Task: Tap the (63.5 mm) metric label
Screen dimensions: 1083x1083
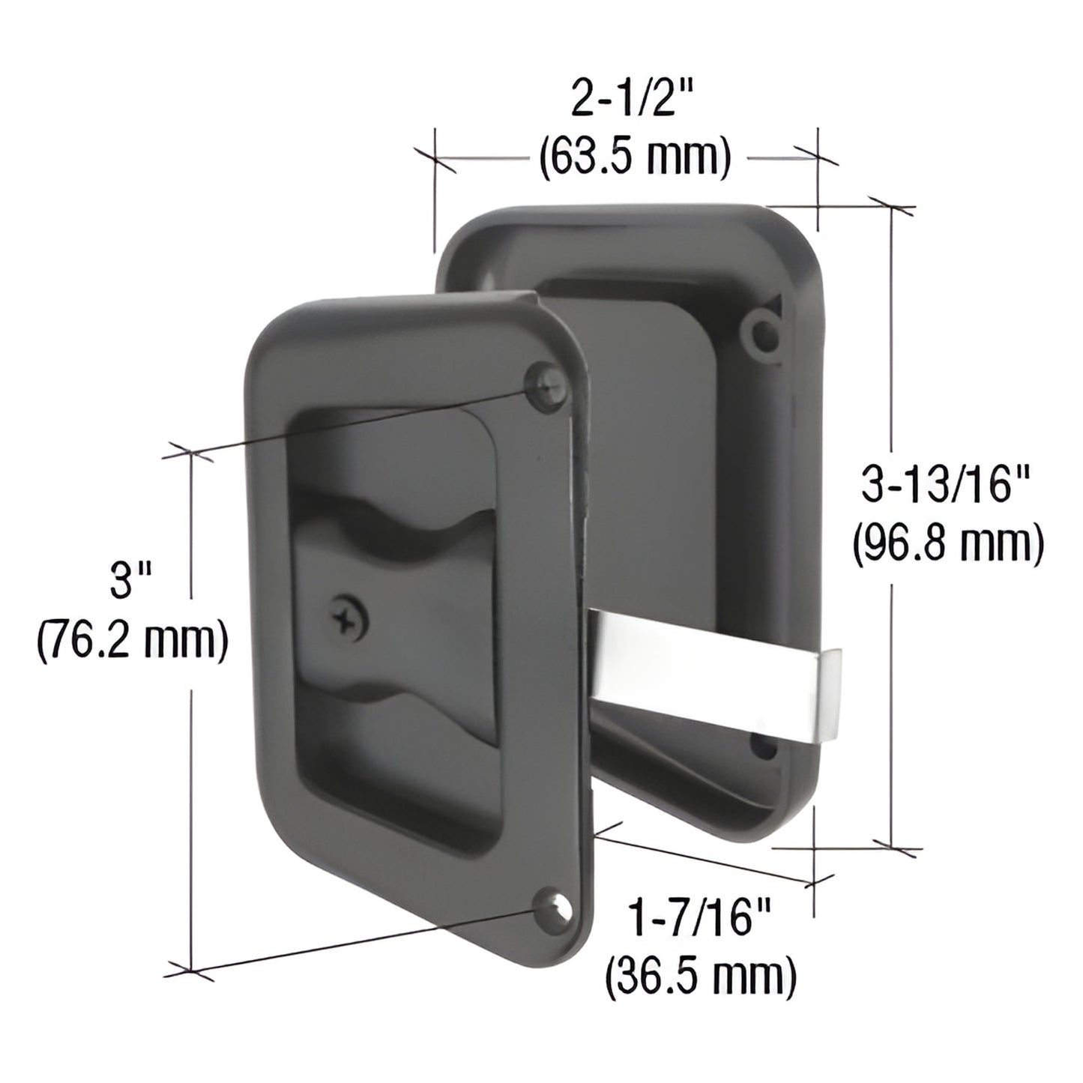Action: pos(634,157)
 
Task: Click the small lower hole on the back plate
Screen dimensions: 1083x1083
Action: pos(762,747)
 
